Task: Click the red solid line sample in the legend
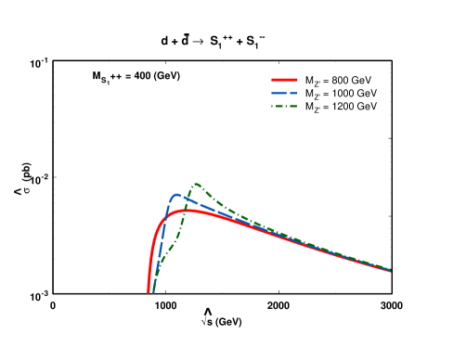click(284, 81)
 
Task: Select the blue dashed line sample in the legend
click(284, 94)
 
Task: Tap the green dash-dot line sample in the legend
click(284, 107)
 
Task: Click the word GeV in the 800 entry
click(363, 81)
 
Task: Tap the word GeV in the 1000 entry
click(368, 94)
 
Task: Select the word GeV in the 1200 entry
click(368, 107)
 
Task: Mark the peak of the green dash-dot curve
click(197, 184)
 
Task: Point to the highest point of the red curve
click(189, 211)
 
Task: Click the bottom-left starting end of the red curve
click(149, 292)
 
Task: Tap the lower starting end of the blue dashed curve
click(153, 292)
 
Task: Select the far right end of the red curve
click(390, 271)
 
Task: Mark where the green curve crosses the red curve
click(187, 211)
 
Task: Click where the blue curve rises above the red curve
click(165, 215)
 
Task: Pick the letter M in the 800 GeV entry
click(309, 81)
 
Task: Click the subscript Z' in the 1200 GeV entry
click(317, 109)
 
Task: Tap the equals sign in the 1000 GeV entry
click(325, 94)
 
